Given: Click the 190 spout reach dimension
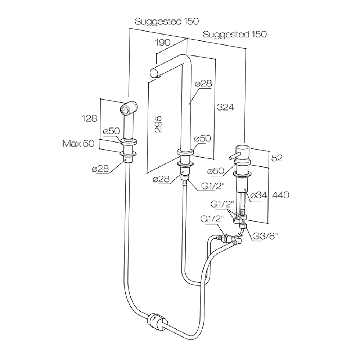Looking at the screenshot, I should click(x=162, y=42).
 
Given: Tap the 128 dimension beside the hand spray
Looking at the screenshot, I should click(x=89, y=118).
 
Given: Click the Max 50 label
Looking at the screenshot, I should click(x=78, y=144).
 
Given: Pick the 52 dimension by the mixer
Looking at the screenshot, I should click(x=277, y=158).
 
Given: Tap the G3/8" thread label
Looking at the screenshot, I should click(x=266, y=236).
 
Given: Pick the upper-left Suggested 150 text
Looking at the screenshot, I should click(x=167, y=22).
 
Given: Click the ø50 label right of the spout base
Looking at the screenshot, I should click(x=202, y=139).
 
